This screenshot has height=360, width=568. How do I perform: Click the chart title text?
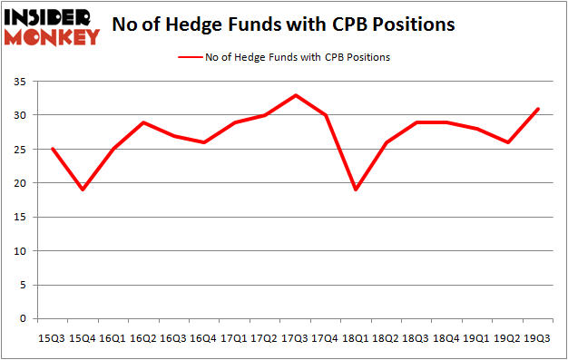tap(282, 24)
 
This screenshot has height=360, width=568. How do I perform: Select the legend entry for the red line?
tap(285, 57)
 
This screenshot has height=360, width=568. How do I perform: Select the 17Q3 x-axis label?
tap(295, 337)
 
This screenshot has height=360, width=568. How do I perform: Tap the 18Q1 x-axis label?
tap(356, 337)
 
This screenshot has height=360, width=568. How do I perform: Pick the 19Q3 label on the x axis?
tap(537, 337)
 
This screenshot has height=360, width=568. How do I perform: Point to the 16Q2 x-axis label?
tap(143, 337)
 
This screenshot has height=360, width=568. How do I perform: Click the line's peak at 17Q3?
tap(295, 95)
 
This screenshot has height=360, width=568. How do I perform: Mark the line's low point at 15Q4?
tap(83, 190)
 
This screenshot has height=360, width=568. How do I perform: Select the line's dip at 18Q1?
tap(356, 190)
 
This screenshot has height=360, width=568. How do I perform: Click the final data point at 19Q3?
tap(537, 109)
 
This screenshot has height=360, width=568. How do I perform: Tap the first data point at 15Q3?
tap(53, 149)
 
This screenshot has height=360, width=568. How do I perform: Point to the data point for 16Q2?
tap(143, 122)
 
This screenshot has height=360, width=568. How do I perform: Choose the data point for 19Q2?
tap(507, 142)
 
